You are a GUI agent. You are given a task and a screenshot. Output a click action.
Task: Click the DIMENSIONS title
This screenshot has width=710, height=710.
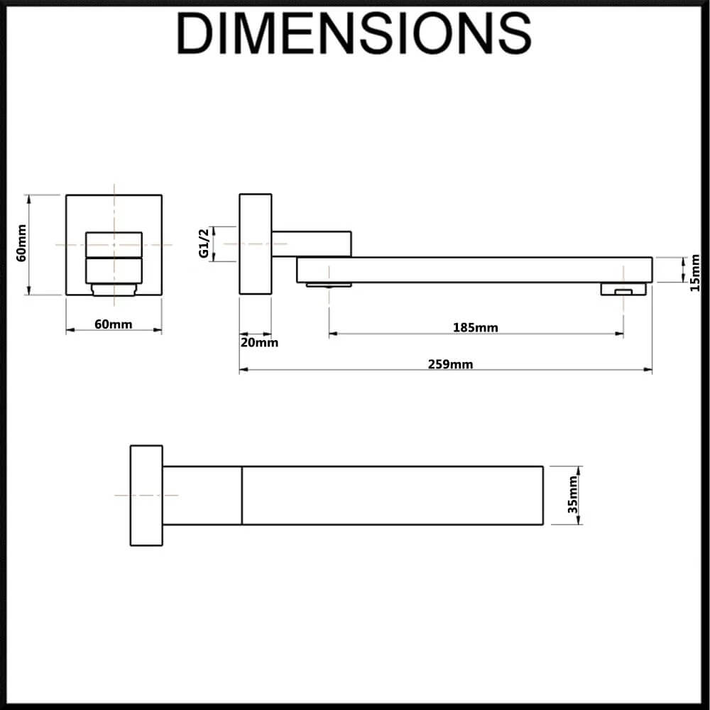pyautogui.click(x=354, y=33)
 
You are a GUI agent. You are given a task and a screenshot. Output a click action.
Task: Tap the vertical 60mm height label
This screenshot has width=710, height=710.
pyautogui.click(x=21, y=243)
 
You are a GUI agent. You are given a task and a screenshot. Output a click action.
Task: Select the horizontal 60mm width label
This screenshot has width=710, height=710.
pyautogui.click(x=113, y=324)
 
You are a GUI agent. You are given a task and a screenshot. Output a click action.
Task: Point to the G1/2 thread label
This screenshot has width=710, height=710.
pyautogui.click(x=204, y=243)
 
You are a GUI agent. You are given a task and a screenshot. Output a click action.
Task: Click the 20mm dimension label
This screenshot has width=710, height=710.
pyautogui.click(x=259, y=342)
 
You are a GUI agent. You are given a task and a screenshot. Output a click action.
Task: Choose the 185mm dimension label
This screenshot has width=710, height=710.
pyautogui.click(x=476, y=327)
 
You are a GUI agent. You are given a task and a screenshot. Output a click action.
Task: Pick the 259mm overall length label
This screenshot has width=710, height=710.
pyautogui.click(x=451, y=364)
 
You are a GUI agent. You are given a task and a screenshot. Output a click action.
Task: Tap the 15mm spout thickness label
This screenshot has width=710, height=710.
pyautogui.click(x=695, y=273)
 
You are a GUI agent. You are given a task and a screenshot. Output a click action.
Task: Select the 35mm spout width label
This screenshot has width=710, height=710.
pyautogui.click(x=573, y=494)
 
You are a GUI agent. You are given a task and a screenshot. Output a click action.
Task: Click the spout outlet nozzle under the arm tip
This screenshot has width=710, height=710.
pyautogui.click(x=623, y=289)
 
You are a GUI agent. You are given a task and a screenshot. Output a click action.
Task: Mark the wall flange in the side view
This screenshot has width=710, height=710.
pyautogui.click(x=256, y=244)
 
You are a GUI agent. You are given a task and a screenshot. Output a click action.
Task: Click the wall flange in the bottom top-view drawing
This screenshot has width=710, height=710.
pyautogui.click(x=146, y=496)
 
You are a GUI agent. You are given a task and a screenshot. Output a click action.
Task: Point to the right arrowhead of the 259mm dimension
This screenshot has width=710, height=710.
pyautogui.click(x=648, y=370)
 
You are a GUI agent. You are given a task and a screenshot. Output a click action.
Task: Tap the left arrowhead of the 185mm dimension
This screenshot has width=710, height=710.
pyautogui.click(x=333, y=334)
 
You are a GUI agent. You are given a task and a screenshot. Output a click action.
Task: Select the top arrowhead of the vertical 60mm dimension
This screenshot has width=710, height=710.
pyautogui.click(x=29, y=200)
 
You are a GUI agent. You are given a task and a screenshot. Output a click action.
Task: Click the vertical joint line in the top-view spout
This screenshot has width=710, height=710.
pyautogui.click(x=242, y=496)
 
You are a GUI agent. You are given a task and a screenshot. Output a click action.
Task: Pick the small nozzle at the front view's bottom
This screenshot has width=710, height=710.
pyautogui.click(x=114, y=290)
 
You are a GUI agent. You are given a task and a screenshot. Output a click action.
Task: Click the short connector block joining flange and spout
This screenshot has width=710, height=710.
pyautogui.click(x=312, y=244)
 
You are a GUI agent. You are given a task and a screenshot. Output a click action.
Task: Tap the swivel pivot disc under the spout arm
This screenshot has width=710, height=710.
pyautogui.click(x=329, y=285)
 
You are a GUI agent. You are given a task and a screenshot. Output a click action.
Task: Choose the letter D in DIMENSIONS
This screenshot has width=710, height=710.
pyautogui.click(x=195, y=33)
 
